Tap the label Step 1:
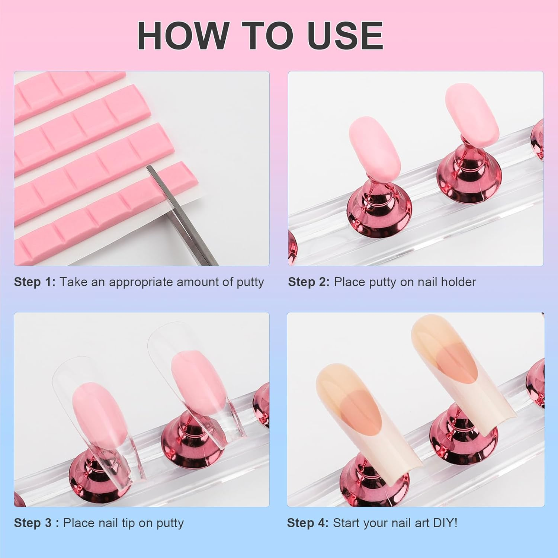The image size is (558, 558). click(x=35, y=282)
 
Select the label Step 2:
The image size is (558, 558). click(x=309, y=282)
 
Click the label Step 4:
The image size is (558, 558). click(x=308, y=523)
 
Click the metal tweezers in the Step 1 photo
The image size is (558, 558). click(x=182, y=216)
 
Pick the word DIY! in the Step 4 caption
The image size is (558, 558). click(x=445, y=523)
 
